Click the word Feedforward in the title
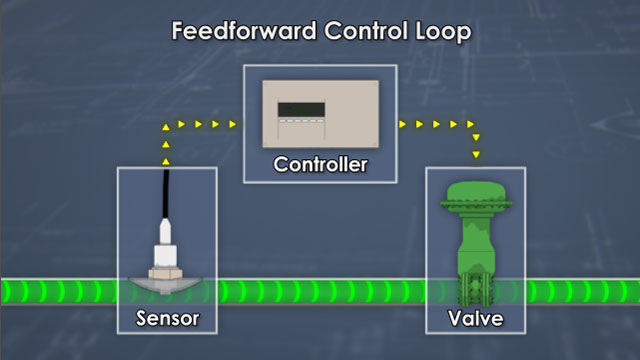233,30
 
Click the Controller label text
320,163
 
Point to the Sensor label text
166,320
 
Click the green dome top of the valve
475,195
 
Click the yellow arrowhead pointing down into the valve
476,154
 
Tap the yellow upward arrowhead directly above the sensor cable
166,157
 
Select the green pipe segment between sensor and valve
320,293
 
